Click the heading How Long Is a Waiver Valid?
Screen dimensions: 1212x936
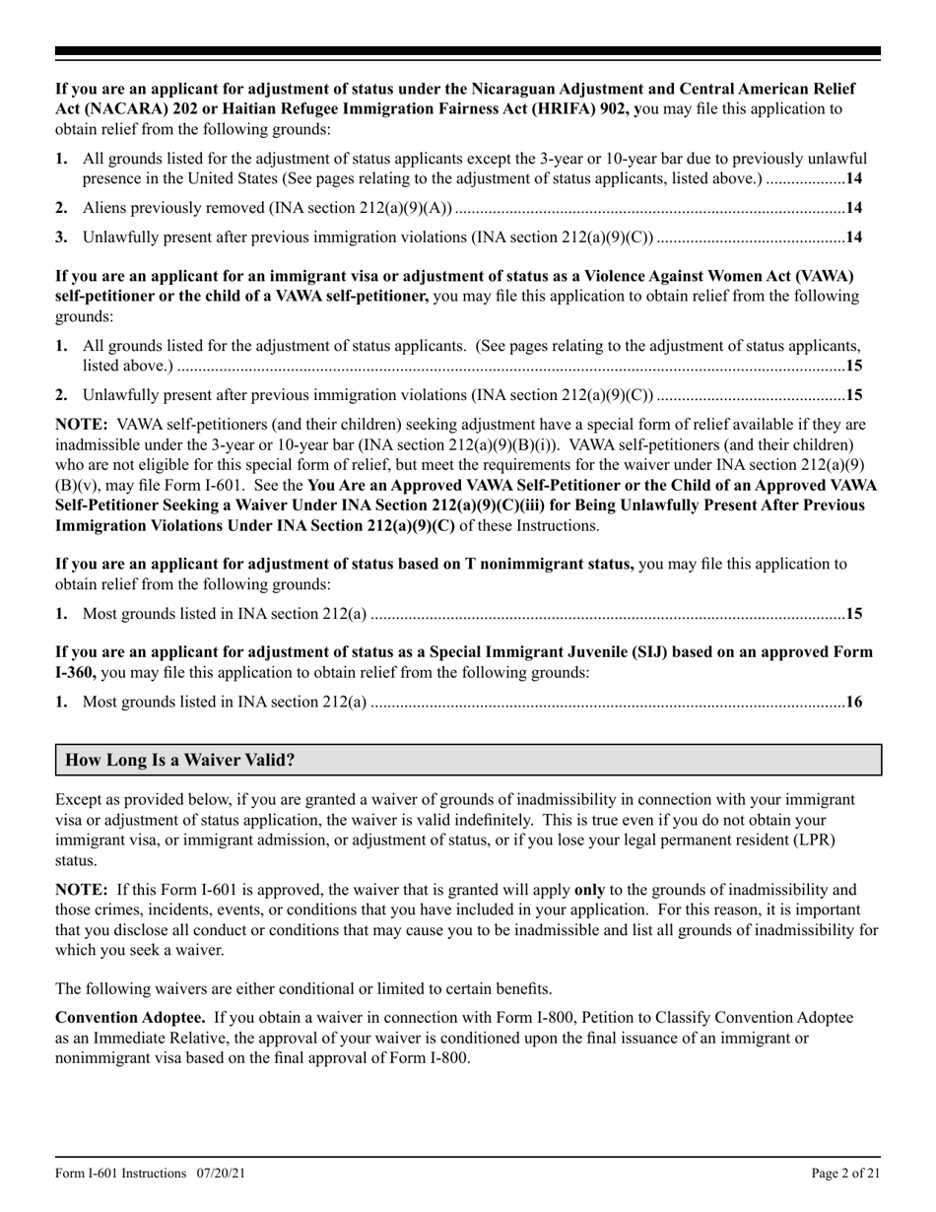point(179,761)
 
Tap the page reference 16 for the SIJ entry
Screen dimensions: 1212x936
point(854,703)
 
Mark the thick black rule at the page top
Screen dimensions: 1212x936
point(468,51)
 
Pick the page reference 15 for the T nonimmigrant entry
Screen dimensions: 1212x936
point(854,614)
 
